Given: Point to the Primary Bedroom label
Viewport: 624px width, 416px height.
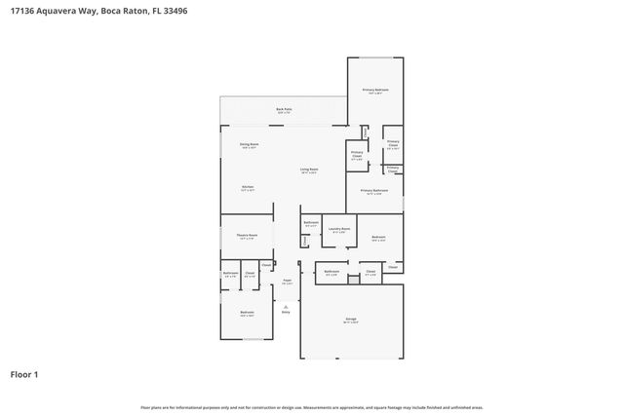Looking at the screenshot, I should pyautogui.click(x=375, y=90).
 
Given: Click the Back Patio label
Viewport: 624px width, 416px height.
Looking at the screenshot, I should pyautogui.click(x=284, y=109).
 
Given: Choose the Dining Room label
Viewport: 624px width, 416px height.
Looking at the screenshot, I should pyautogui.click(x=250, y=144).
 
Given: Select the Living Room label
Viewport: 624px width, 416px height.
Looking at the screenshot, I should pyautogui.click(x=308, y=170).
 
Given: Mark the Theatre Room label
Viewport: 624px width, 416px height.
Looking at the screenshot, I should pyautogui.click(x=247, y=235).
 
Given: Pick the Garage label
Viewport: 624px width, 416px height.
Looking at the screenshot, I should pyautogui.click(x=350, y=319).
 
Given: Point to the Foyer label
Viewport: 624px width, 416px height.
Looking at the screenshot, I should pyautogui.click(x=287, y=281).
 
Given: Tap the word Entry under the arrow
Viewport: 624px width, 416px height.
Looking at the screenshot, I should pyautogui.click(x=286, y=312).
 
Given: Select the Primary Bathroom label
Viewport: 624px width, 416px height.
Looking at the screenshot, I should pyautogui.click(x=374, y=190).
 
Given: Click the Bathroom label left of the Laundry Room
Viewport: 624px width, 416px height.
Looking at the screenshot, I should pyautogui.click(x=311, y=224).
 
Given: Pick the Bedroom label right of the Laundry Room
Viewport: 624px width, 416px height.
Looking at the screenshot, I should pyautogui.click(x=378, y=237).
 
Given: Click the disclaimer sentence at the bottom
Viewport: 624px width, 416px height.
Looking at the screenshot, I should pyautogui.click(x=311, y=407).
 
